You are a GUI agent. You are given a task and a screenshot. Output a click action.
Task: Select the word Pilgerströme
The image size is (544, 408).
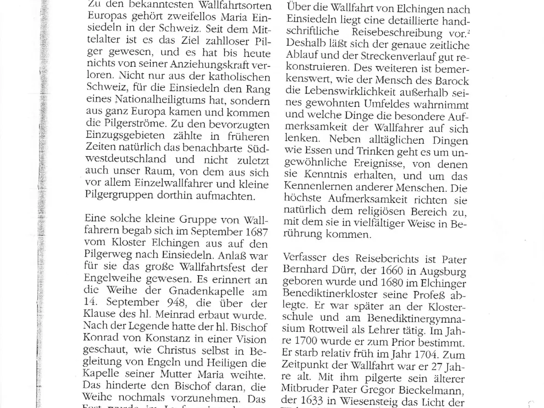[131, 125]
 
